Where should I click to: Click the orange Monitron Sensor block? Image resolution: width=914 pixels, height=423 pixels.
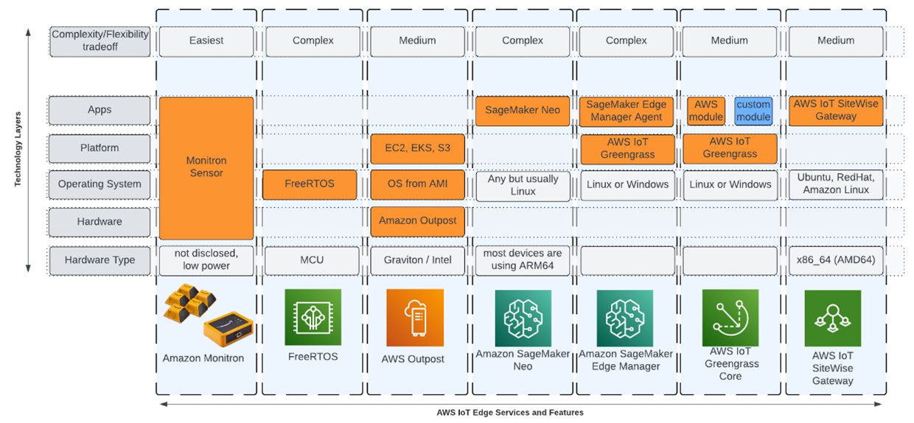click(x=206, y=167)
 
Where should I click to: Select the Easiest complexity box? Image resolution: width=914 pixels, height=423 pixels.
click(x=206, y=41)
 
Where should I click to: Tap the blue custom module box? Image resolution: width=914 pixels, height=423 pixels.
click(x=753, y=111)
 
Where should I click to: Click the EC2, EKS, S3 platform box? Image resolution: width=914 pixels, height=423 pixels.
click(x=417, y=148)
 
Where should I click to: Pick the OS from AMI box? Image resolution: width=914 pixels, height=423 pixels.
click(x=417, y=185)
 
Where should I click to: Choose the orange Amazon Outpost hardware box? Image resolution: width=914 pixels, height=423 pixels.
click(x=417, y=221)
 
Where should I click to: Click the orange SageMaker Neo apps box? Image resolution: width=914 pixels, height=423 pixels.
click(x=522, y=111)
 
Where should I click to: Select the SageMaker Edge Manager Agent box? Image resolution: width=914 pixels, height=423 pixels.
click(x=627, y=111)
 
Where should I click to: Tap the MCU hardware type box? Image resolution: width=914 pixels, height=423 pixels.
click(x=313, y=260)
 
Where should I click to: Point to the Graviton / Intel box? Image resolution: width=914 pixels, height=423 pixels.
click(x=417, y=260)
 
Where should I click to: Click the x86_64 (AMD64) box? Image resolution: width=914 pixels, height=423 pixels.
click(x=835, y=260)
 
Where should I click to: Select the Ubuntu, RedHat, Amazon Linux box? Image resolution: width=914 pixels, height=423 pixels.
click(x=835, y=185)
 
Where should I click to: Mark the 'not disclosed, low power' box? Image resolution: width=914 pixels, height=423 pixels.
click(x=206, y=260)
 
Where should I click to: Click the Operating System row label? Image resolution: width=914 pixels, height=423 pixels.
click(x=100, y=185)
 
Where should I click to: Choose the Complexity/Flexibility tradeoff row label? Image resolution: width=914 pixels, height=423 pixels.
click(x=100, y=41)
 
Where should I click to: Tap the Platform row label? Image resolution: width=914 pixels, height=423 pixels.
click(x=100, y=148)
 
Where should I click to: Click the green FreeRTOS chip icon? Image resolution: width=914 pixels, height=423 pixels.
click(x=313, y=318)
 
